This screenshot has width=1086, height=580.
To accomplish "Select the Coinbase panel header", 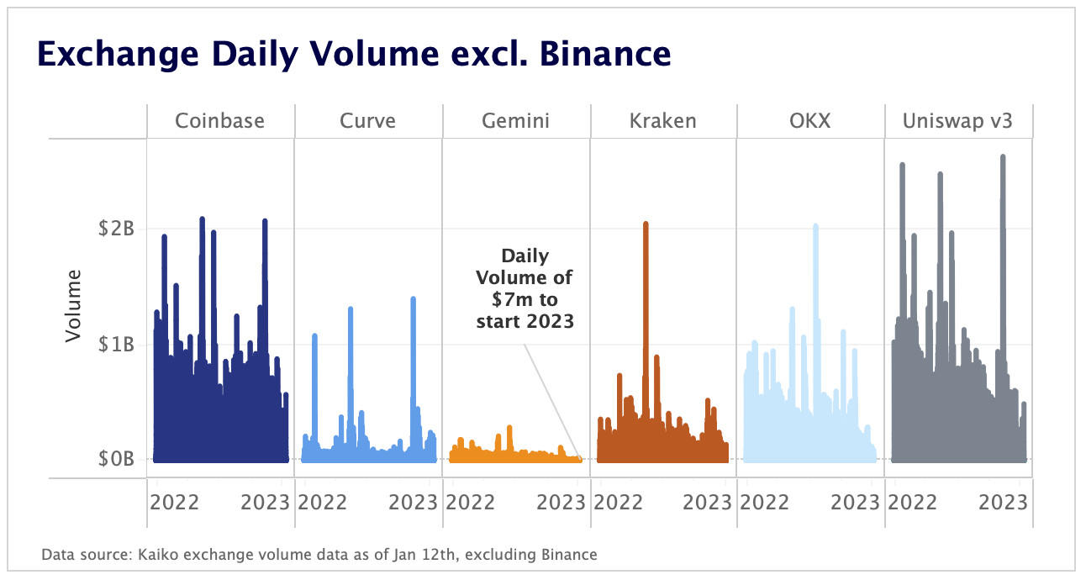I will click(219, 121).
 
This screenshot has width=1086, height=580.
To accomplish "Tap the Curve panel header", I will click(367, 121).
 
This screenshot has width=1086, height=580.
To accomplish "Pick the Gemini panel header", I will click(515, 121).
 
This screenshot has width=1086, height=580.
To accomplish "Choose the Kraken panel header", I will click(663, 121).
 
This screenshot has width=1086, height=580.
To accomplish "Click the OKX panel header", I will click(810, 121).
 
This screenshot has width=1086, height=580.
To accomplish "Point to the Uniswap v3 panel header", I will click(958, 121).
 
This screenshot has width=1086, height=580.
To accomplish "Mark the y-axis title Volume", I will click(73, 305).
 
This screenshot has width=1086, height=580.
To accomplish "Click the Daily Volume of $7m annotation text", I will click(525, 287).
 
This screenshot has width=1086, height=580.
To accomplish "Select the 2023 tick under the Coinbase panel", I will click(266, 503).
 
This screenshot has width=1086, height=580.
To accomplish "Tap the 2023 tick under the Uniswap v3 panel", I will click(1004, 503).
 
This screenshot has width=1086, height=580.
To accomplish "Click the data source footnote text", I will click(319, 555).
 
